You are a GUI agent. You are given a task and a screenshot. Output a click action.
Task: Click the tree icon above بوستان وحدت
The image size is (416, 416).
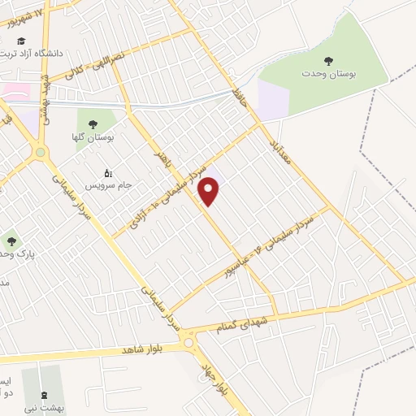coord(329,59)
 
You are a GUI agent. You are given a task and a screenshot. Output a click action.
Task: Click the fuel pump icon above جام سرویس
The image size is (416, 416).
coord(107,172)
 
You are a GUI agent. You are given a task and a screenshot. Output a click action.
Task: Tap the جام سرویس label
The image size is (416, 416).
coord(110,186)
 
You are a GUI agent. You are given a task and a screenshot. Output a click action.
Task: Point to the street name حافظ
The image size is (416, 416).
coord(238,100)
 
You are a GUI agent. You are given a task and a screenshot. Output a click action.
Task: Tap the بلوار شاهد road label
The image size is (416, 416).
coord(149,347)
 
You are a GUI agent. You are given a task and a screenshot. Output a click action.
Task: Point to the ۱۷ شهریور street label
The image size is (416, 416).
coord(26,14)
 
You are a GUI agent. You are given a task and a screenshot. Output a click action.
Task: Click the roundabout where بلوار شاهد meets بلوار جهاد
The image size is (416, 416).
coord(192,342)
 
